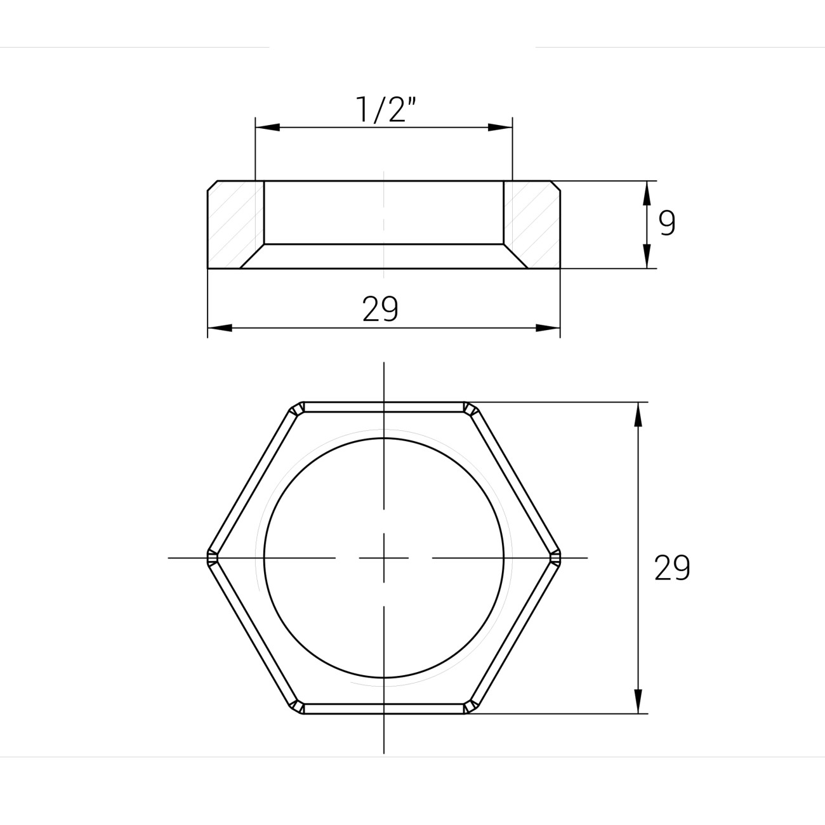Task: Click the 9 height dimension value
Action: click(x=667, y=223)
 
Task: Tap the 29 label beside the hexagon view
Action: click(x=672, y=568)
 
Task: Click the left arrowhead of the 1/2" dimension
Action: click(x=267, y=128)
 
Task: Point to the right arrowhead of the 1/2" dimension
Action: click(x=501, y=128)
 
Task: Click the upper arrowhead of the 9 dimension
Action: click(x=647, y=193)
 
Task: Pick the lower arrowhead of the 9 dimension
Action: click(x=647, y=256)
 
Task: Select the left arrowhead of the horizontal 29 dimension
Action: click(x=220, y=328)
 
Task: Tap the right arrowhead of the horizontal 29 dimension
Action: click(x=548, y=328)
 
